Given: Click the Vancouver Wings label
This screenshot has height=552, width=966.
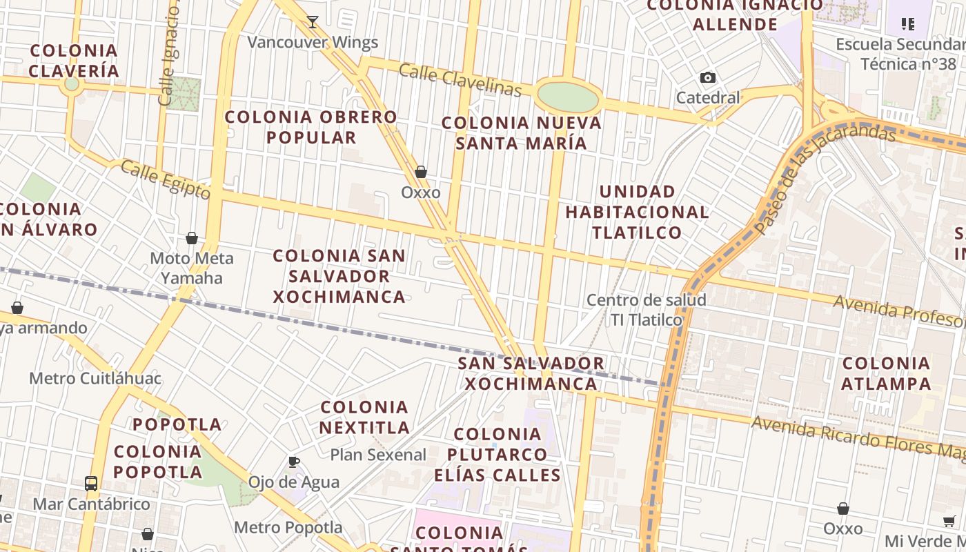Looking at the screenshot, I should pyautogui.click(x=313, y=42).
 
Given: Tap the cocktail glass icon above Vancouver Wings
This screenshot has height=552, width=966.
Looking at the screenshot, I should pyautogui.click(x=313, y=22).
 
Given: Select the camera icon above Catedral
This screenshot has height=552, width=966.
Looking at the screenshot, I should pyautogui.click(x=708, y=77).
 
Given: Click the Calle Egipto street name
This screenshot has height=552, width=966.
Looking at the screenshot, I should pyautogui.click(x=166, y=179).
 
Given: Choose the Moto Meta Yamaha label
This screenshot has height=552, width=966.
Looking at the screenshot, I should pyautogui.click(x=192, y=268).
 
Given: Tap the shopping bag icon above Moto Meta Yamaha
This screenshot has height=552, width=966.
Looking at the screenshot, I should pyautogui.click(x=192, y=238).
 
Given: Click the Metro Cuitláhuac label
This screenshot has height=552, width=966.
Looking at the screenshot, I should pyautogui.click(x=95, y=378).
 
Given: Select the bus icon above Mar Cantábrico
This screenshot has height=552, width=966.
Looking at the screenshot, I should pyautogui.click(x=91, y=483).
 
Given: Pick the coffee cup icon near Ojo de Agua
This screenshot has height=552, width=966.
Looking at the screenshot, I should pyautogui.click(x=294, y=462).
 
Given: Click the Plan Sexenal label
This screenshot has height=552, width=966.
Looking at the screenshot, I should pyautogui.click(x=378, y=455).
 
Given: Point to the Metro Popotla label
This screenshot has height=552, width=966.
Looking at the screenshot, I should pyautogui.click(x=288, y=527).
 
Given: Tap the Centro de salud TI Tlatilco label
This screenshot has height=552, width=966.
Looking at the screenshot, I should pyautogui.click(x=647, y=310).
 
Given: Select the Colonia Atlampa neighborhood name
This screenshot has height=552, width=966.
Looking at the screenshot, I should pyautogui.click(x=886, y=373).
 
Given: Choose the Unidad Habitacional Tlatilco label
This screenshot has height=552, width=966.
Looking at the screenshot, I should pyautogui.click(x=637, y=211).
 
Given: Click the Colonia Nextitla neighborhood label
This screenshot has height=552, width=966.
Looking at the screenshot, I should pyautogui.click(x=364, y=417).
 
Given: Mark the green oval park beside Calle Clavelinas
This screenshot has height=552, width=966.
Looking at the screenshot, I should pyautogui.click(x=569, y=98).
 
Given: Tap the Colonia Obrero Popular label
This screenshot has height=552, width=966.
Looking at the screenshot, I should pyautogui.click(x=311, y=127).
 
